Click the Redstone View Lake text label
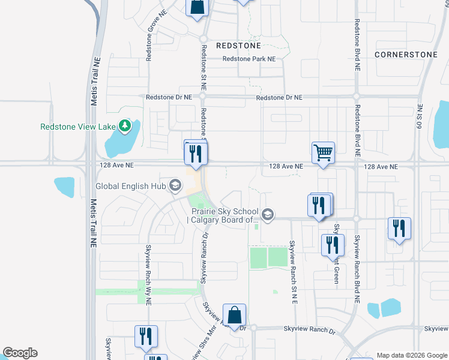(x=78, y=127)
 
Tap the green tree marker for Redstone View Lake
(x=125, y=126)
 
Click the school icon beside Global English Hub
(x=175, y=185)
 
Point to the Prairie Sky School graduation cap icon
(x=268, y=214)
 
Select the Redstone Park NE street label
(x=249, y=59)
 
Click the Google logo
(x=20, y=353)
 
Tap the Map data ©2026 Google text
(x=411, y=355)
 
